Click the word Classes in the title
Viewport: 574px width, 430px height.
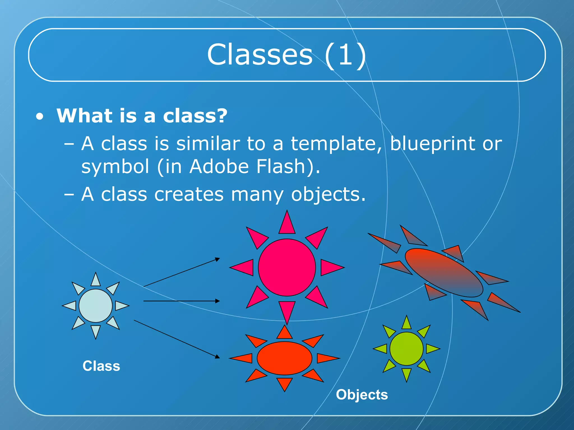pos(260,55)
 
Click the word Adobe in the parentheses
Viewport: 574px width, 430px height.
pos(219,167)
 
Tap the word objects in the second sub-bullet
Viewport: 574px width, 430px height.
pos(328,195)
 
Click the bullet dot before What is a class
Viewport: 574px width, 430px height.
pos(40,117)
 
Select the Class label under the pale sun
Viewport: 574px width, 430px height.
pos(101,366)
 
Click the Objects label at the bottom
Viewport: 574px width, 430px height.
pos(362,395)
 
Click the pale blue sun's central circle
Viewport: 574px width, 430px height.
pos(96,306)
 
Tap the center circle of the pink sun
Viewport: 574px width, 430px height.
pos(287,267)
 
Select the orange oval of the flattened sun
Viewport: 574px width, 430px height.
pos(284,358)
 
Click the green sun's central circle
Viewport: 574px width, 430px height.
pos(406,349)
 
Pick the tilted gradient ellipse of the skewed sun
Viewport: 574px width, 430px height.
pos(444,273)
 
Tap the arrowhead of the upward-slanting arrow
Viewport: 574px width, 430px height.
pos(217,259)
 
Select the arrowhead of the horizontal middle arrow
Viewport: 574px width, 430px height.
pos(217,301)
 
